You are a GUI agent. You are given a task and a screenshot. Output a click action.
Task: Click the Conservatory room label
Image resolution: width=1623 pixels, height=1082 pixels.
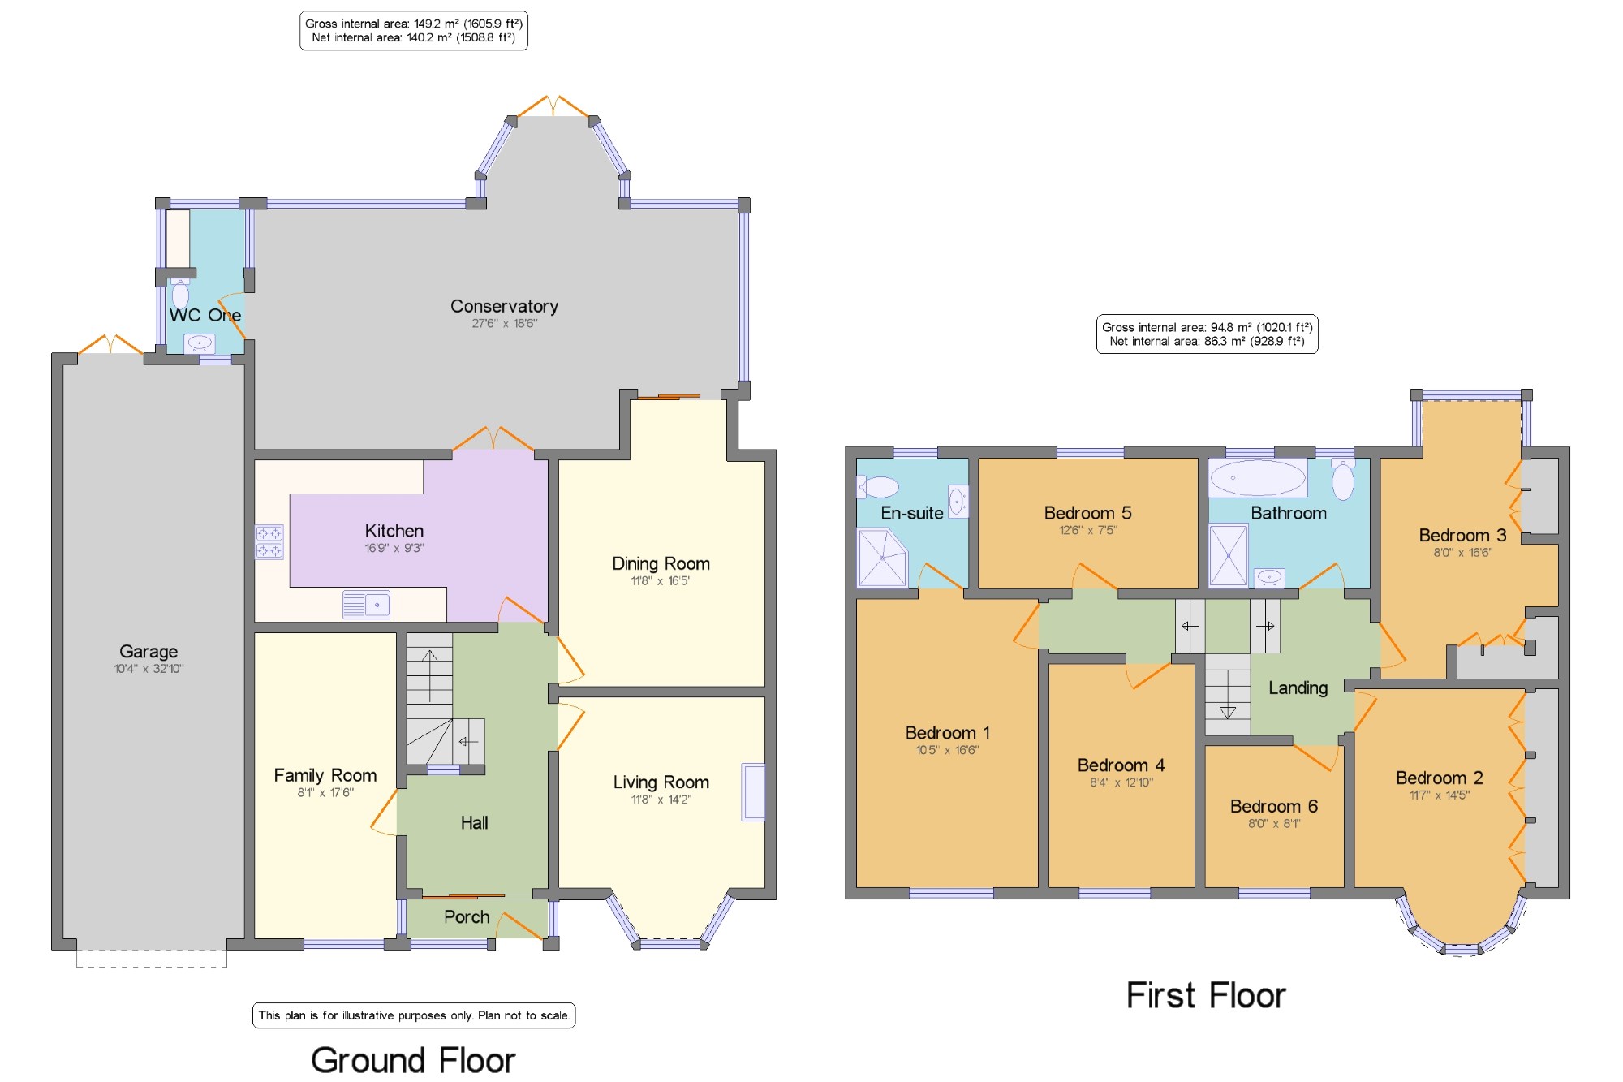point(504,306)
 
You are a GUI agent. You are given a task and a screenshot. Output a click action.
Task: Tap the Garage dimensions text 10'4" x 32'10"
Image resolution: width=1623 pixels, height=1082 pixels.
point(149,669)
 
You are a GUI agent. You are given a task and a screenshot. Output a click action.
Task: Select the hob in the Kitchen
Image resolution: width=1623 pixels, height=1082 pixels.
point(269,542)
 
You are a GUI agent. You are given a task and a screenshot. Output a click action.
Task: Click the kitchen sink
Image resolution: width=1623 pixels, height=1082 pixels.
point(366,605)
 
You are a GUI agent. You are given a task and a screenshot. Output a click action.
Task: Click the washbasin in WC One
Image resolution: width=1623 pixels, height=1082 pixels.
point(199,343)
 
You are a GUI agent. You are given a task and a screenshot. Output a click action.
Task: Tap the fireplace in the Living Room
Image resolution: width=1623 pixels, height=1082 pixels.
point(753,791)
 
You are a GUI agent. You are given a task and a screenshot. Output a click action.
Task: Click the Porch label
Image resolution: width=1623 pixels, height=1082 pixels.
point(467,917)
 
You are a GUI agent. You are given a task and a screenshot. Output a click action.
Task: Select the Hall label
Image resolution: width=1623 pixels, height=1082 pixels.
point(474,823)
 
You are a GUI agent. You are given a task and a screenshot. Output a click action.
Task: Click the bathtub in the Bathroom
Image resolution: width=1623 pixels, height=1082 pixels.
point(1258,478)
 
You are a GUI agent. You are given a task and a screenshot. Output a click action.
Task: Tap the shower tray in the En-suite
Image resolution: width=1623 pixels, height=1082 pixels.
point(881,557)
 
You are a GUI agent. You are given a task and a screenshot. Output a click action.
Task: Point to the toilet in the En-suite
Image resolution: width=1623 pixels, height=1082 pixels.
point(878,487)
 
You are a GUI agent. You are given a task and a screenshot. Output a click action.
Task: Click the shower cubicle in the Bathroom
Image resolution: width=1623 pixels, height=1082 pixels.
point(1229,555)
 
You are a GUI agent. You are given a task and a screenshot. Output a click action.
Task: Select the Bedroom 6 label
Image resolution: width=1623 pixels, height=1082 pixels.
point(1273,806)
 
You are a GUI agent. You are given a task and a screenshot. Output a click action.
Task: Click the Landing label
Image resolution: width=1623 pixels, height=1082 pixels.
point(1298,688)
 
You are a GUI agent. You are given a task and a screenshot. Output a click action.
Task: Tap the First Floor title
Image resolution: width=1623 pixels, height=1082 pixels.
point(1206,995)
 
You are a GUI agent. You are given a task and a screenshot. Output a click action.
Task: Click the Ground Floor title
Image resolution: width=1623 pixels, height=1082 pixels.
point(413,1060)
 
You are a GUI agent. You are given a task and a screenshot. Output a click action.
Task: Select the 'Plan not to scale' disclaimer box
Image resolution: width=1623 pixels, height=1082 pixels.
point(414,1015)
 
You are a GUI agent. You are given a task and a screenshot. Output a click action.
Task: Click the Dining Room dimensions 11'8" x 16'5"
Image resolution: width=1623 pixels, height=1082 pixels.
point(661,581)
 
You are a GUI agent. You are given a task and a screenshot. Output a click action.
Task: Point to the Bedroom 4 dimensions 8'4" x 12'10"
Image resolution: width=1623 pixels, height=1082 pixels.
point(1121,782)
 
